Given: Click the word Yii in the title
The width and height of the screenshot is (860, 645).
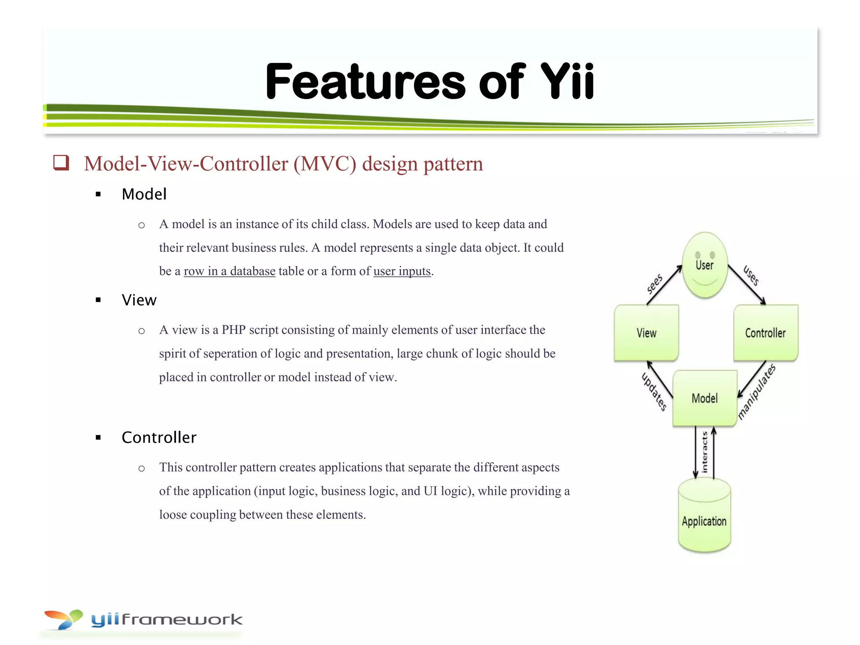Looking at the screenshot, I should [566, 81].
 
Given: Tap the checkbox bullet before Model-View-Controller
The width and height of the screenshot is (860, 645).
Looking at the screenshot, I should [61, 163].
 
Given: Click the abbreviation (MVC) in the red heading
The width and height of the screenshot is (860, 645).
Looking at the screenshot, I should [325, 164].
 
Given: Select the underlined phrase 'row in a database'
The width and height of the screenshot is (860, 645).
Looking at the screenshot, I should [229, 271].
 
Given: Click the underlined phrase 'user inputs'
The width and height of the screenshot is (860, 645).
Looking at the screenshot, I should [402, 271].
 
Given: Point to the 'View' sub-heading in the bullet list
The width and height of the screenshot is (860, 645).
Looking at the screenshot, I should [139, 300].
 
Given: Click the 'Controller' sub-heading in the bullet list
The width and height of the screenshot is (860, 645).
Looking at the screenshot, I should [159, 438].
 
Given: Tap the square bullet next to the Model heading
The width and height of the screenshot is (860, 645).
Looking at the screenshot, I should [98, 194].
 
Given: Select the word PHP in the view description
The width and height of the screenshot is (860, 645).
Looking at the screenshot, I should [233, 330].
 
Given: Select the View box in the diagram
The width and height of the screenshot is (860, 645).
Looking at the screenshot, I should [646, 333].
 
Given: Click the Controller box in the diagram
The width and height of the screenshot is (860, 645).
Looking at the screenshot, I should [765, 333].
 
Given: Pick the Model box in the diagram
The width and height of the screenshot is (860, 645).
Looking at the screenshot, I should [705, 398].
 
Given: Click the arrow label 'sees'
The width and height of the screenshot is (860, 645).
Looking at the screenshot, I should [654, 284].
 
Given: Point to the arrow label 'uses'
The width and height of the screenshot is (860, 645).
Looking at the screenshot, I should [751, 275].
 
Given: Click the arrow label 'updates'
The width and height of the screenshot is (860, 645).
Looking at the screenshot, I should [654, 391].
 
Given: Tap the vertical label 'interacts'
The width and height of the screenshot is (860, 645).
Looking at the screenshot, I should [705, 452].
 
